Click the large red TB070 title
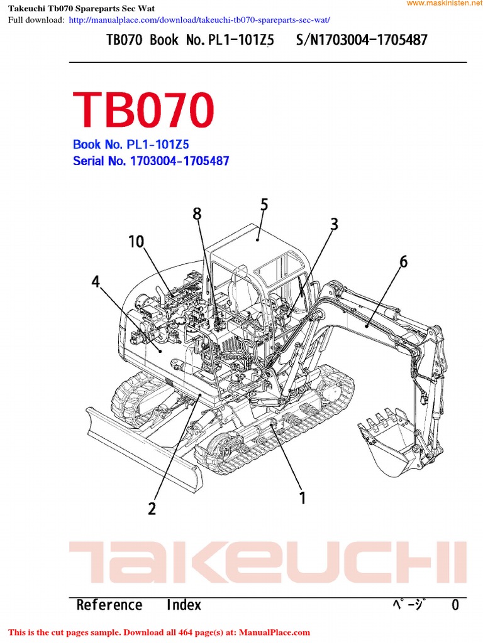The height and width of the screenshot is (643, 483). (143, 110)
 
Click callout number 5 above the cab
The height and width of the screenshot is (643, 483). (264, 205)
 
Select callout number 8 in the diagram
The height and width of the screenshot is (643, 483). (197, 214)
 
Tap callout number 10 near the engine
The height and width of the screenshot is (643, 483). (136, 241)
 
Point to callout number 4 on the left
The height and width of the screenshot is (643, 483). (96, 282)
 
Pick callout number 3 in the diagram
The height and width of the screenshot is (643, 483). (334, 224)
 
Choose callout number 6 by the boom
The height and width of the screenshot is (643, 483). (403, 262)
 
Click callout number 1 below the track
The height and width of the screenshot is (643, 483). (303, 498)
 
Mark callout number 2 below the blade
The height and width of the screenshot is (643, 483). (152, 508)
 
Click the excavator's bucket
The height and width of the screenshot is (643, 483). (385, 440)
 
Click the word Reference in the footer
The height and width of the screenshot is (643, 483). (109, 605)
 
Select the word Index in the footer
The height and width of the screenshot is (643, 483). (184, 605)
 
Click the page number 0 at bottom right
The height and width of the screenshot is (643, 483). (455, 605)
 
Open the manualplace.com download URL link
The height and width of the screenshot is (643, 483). (199, 19)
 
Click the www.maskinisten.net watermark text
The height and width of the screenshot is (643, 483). (443, 4)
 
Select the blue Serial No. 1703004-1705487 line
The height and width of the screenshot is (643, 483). (151, 161)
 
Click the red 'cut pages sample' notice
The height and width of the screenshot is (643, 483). (158, 632)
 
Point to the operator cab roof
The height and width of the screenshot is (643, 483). (258, 237)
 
